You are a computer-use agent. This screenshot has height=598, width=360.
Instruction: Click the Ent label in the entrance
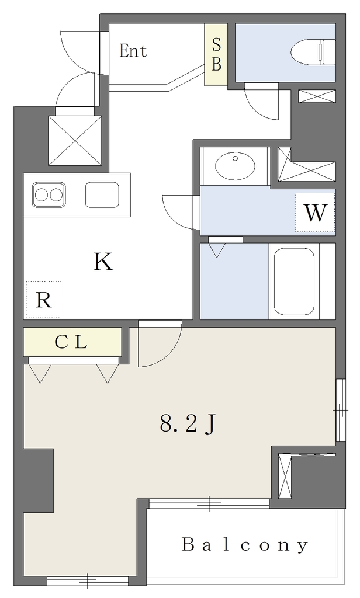coord(133,51)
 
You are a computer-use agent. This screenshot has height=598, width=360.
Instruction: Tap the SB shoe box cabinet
coord(216,54)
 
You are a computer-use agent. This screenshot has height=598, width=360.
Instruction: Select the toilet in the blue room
coord(313,52)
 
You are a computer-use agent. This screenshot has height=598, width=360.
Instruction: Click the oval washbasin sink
coord(235,165)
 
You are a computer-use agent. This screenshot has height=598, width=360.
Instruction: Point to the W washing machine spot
coord(315,213)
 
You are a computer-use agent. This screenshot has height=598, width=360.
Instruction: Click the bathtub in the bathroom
coord(295,281)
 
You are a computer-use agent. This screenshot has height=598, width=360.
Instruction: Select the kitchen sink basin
coord(102,194)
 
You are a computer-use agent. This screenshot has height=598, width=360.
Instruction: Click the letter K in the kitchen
coord(103,262)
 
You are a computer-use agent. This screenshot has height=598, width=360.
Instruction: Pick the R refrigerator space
coord(43,300)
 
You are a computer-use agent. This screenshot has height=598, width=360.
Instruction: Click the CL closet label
coord(71,342)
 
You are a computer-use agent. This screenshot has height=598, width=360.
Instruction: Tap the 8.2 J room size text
coord(188,424)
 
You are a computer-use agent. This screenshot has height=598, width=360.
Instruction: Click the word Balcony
coord(245,545)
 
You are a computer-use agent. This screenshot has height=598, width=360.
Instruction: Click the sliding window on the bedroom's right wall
coord(340,410)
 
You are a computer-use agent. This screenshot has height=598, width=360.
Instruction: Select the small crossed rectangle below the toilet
coord(317,96)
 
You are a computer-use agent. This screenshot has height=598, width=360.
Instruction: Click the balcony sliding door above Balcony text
coord(209,503)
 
